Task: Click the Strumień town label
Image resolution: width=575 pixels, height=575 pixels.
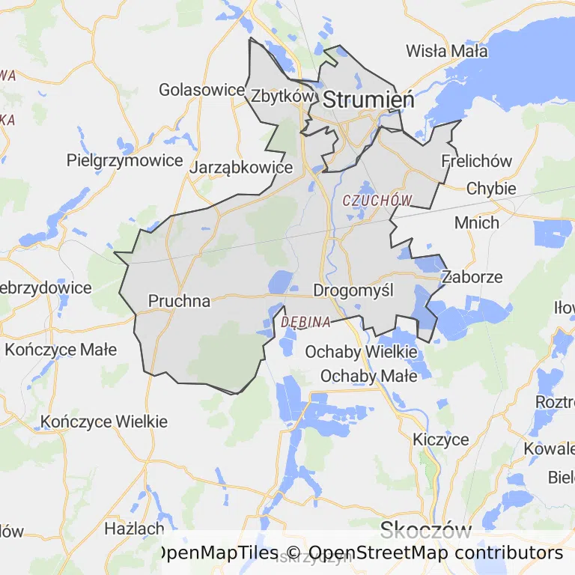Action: (368, 99)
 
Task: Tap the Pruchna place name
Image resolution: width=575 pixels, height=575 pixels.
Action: (180, 301)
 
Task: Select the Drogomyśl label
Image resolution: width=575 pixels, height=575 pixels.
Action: (353, 290)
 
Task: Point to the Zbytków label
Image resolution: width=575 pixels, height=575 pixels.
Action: (281, 96)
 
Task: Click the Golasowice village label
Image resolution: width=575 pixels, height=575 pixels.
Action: (201, 90)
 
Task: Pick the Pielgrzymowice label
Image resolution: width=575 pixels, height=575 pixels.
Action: (124, 160)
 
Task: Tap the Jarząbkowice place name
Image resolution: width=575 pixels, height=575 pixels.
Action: (240, 168)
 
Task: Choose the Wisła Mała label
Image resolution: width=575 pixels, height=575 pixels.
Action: (446, 51)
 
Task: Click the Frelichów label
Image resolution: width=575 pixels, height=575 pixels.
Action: (477, 161)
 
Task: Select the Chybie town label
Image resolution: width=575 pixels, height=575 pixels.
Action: (491, 188)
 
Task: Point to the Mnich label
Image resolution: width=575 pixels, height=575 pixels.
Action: (477, 222)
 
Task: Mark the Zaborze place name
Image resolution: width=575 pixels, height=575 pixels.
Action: (472, 276)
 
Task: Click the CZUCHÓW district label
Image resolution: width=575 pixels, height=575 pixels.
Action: (377, 201)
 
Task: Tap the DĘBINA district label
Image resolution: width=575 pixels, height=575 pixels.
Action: (306, 322)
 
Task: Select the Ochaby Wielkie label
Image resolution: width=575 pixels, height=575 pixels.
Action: (361, 351)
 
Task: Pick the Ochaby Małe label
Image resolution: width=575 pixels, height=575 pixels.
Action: (368, 376)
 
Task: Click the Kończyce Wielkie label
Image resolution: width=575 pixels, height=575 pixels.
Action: (104, 422)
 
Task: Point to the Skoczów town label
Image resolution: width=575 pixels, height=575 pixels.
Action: (425, 531)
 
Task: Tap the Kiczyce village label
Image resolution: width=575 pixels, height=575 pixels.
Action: (441, 439)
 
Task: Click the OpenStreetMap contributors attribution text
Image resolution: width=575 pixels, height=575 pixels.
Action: (435, 553)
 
